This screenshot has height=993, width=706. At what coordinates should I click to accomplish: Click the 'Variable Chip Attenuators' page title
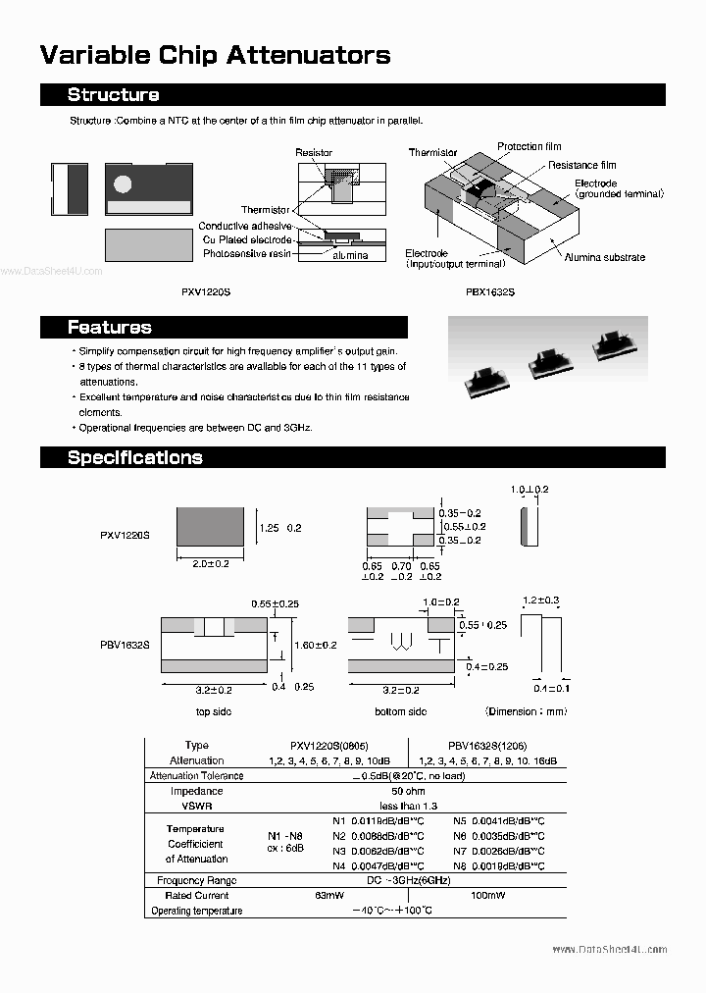[x=215, y=55]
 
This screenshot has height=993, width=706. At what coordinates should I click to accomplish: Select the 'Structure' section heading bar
[x=352, y=95]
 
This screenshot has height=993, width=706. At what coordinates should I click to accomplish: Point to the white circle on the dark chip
[x=123, y=183]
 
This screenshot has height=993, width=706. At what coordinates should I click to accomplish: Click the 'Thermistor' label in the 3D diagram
[x=432, y=153]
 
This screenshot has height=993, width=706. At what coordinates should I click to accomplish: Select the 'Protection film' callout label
[x=534, y=147]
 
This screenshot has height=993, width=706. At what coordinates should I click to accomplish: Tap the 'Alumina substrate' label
[x=604, y=257]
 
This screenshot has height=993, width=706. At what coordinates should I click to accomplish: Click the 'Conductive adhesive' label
[x=244, y=227]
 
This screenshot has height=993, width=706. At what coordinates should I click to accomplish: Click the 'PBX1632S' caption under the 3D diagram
[x=490, y=292]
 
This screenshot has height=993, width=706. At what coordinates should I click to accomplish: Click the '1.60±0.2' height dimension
[x=316, y=645]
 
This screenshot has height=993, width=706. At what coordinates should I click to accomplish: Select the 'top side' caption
[x=213, y=711]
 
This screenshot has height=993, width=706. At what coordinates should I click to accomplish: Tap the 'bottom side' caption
[x=400, y=711]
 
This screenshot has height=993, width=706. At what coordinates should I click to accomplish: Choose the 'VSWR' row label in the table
[x=196, y=806]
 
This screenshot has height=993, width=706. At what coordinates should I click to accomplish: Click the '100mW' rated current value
[x=487, y=896]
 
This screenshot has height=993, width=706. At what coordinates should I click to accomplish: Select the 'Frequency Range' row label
[x=196, y=881]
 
